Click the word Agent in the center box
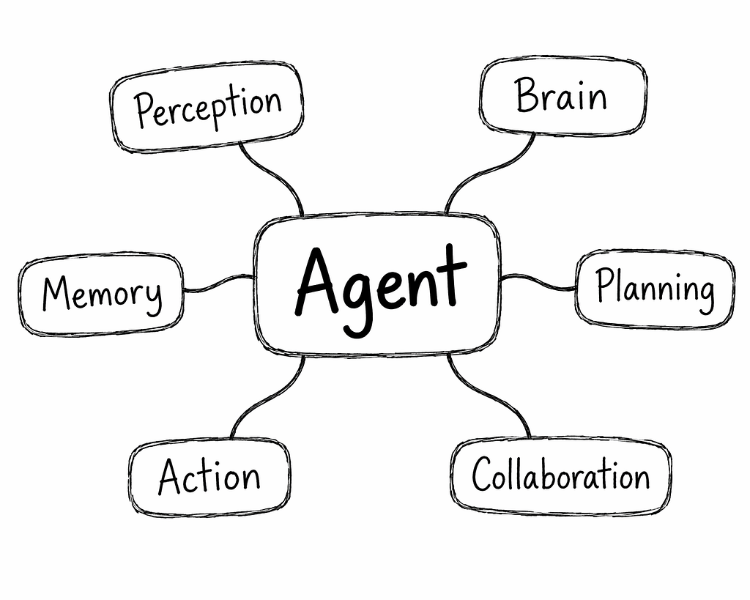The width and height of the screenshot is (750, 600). tap(380, 290)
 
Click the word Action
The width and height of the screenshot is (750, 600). tap(209, 476)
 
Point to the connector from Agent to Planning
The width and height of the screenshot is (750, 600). tap(538, 281)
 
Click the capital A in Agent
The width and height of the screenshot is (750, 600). tap(318, 282)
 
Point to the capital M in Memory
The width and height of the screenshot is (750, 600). tap(59, 293)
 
